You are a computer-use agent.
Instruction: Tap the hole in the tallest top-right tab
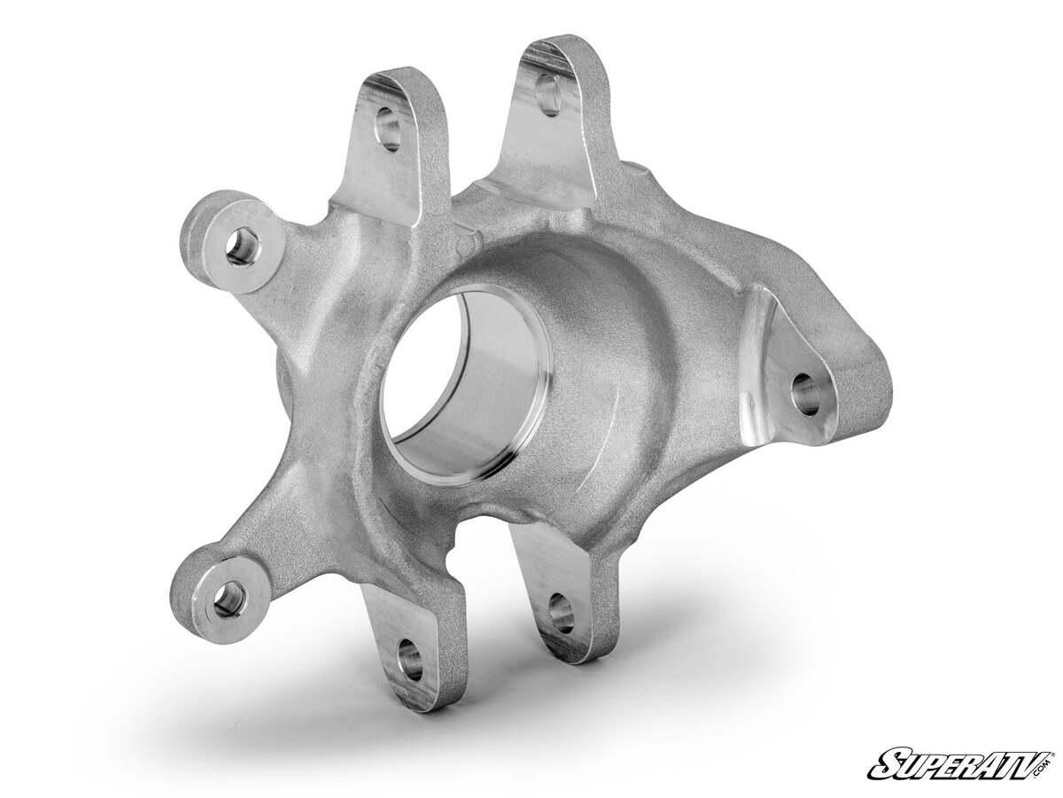548,94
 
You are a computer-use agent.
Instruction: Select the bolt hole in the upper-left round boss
241,246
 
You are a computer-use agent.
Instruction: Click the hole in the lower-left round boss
229,598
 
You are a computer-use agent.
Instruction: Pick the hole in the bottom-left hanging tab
409,660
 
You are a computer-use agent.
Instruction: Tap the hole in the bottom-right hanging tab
560,612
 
